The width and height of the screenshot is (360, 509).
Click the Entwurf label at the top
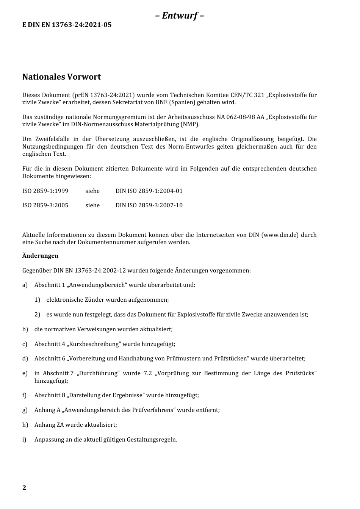pos(180,16)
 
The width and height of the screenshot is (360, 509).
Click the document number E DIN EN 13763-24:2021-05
pos(67,25)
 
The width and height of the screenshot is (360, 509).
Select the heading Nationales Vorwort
pos(61,77)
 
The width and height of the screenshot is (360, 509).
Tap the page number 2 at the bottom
pos(24,488)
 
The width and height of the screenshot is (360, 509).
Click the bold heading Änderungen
pos(40,256)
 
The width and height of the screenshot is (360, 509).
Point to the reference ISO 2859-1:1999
pos(45,191)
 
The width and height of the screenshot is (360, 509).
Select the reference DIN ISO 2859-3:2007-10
pos(149,205)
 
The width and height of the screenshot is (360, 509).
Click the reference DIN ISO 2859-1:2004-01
pos(149,191)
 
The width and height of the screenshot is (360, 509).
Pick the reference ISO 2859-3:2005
pos(45,205)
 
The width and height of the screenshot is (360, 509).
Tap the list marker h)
pos(25,425)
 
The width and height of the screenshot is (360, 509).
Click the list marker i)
pos(24,440)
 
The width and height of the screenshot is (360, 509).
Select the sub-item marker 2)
pos(37,315)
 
